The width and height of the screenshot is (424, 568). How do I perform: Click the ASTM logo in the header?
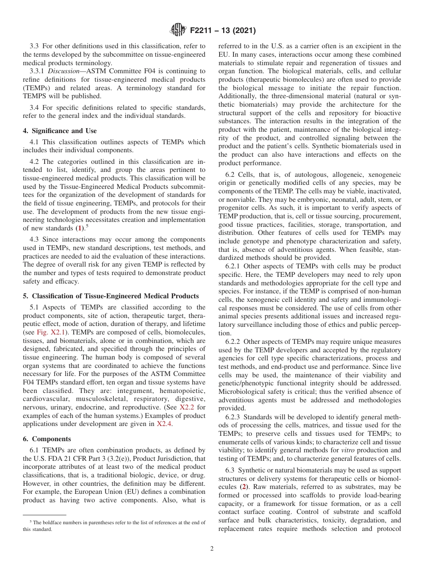179,30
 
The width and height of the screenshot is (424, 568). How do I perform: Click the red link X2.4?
164,424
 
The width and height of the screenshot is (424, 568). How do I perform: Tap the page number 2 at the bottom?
212,549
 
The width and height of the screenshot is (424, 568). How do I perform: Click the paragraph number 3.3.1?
37,71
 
